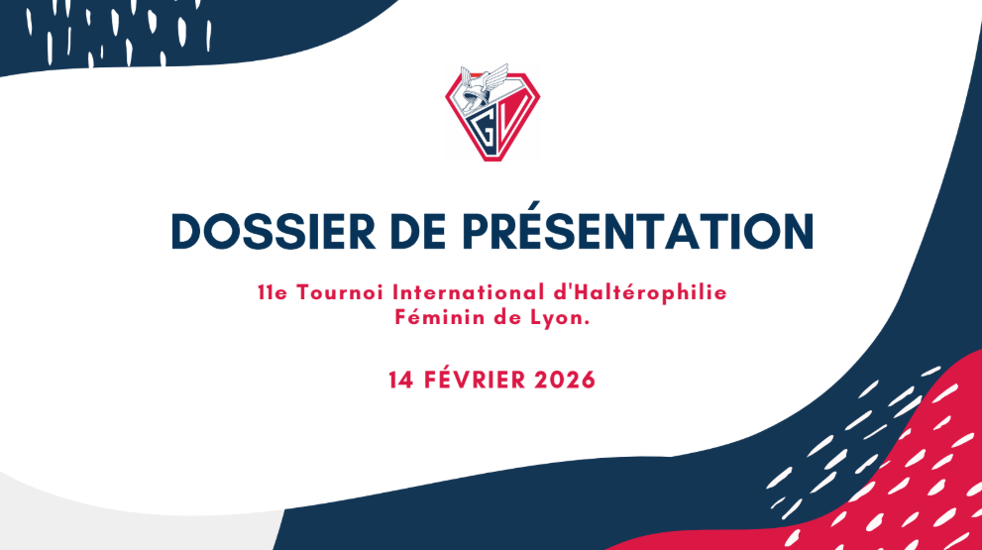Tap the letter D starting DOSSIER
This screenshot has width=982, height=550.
pyautogui.click(x=188, y=230)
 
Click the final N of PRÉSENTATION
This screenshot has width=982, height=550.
pyautogui.click(x=796, y=230)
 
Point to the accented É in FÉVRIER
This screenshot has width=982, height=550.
pyautogui.click(x=445, y=380)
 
